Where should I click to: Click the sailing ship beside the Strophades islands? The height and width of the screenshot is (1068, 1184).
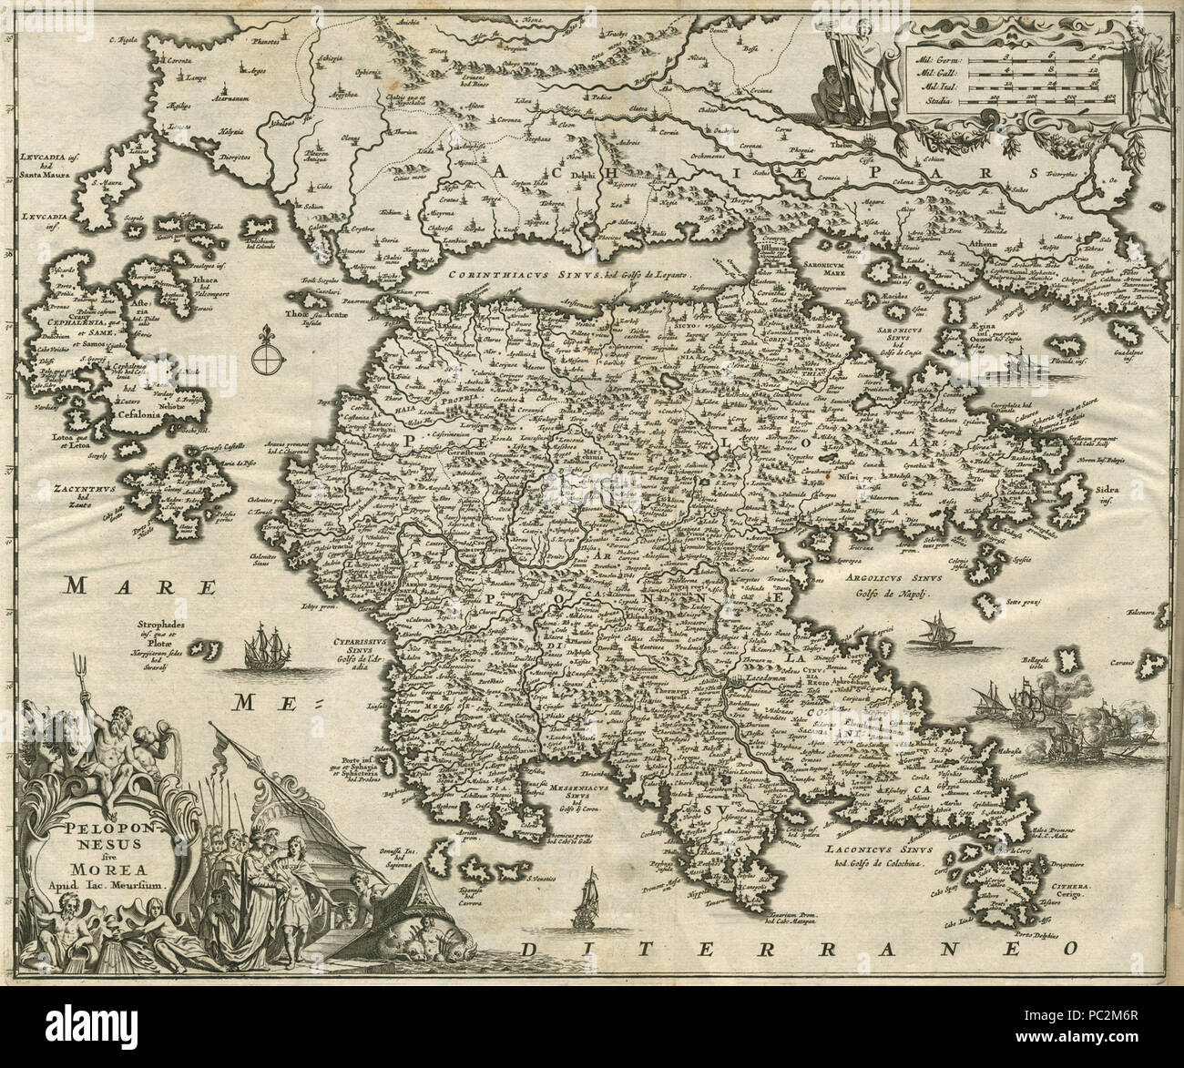pos(262,648)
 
